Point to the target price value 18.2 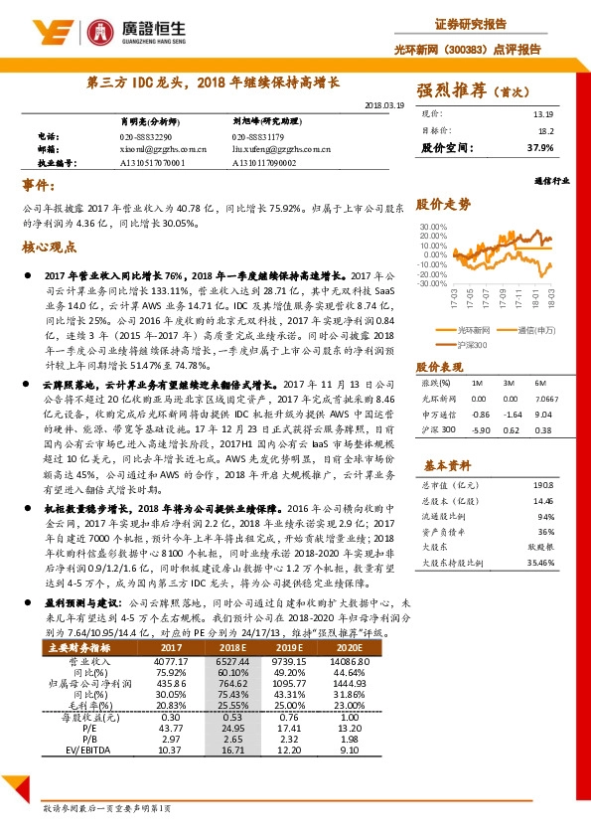[x=545, y=130]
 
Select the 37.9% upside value [x=540, y=147]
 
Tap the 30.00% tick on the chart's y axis [x=435, y=227]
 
